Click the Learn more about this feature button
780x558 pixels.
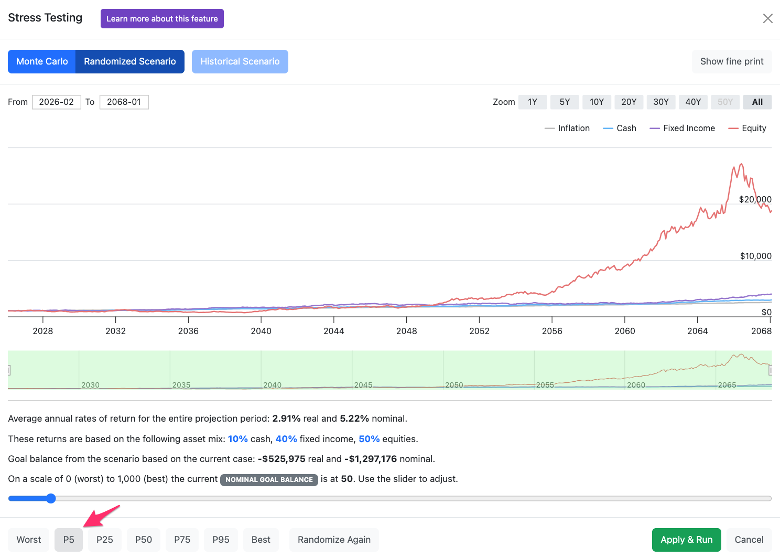[x=162, y=18]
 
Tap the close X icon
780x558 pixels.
[x=767, y=18]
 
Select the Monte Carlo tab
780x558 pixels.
[x=42, y=61]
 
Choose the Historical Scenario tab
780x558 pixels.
[x=240, y=61]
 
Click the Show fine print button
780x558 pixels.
[x=732, y=61]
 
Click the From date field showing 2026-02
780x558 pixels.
[x=57, y=102]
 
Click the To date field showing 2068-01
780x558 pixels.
[x=124, y=102]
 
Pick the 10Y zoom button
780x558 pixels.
[x=597, y=102]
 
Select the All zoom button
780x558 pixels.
[x=757, y=102]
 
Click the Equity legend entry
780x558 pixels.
[x=747, y=128]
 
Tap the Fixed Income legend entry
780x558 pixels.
[x=682, y=128]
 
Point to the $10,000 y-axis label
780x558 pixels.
[x=756, y=256]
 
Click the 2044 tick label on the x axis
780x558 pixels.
[x=333, y=331]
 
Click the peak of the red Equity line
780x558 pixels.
[x=741, y=164]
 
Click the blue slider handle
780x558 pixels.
[x=51, y=498]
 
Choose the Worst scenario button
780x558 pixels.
[x=28, y=540]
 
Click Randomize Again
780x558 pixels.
[x=334, y=540]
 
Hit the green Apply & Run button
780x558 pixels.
[x=686, y=540]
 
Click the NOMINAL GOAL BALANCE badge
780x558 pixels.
[x=269, y=480]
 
